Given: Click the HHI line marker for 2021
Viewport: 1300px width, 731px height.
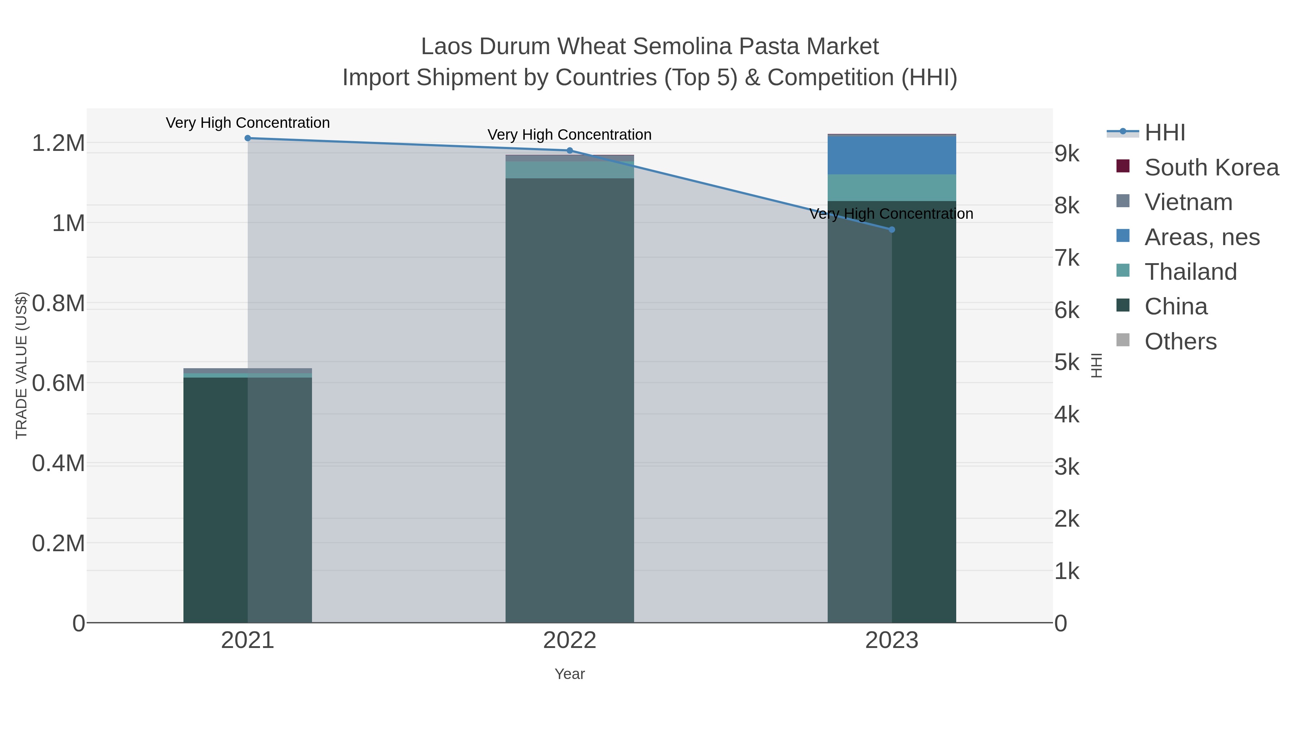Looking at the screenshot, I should [x=247, y=138].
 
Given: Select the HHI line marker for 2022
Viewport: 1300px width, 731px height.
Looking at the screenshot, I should [x=570, y=150].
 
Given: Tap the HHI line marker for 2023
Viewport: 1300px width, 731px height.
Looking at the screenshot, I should [x=892, y=230].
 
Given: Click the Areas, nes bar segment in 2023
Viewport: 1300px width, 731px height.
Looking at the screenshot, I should [x=892, y=155].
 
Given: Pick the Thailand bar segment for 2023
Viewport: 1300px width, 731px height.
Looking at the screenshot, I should [x=892, y=188].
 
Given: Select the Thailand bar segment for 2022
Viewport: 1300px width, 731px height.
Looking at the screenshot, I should [x=570, y=170].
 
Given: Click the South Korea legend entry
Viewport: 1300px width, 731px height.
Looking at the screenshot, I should [x=1211, y=167].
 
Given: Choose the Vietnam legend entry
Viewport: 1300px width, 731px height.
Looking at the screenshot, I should [x=1188, y=202].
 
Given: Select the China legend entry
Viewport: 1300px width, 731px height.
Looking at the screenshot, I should [x=1175, y=307].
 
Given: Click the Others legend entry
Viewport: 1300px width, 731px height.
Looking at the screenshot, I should [x=1180, y=341].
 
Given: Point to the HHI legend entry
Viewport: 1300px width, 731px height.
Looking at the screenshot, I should [x=1165, y=133].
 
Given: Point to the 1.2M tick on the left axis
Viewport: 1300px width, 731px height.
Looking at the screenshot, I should [x=58, y=143].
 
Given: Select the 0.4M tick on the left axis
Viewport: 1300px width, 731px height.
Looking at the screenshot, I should [x=58, y=463].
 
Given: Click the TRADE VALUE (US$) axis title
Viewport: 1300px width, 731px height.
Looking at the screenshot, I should [x=22, y=365].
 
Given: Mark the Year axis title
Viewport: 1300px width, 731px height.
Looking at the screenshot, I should [x=570, y=674].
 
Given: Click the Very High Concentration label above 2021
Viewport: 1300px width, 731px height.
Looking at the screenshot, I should [x=248, y=123].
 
